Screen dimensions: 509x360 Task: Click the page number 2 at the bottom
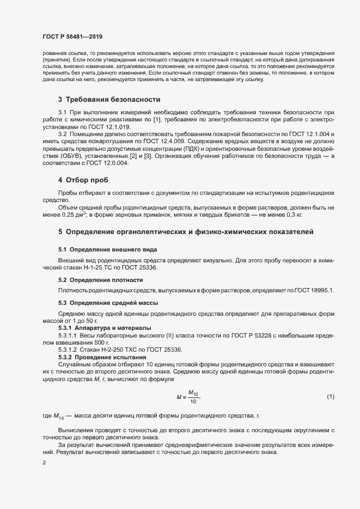44,463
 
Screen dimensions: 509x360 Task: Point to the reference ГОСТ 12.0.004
111,164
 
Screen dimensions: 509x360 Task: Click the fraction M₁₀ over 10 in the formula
193,397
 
